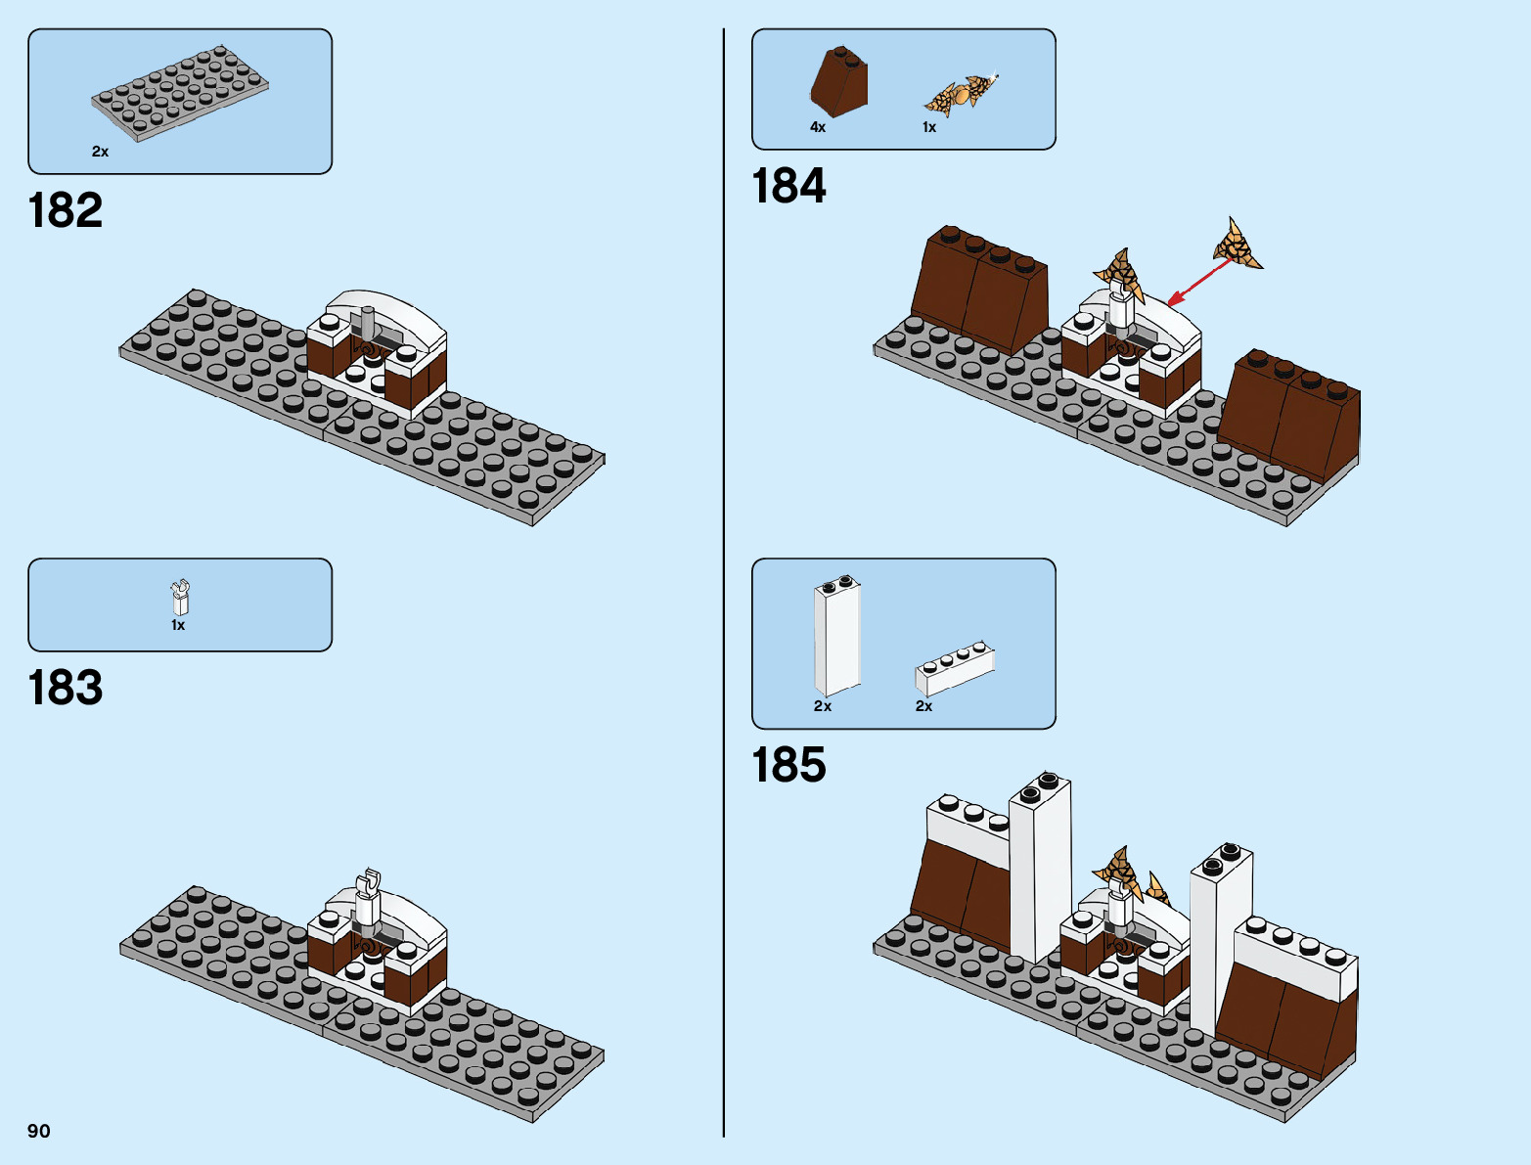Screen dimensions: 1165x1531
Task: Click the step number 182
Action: pyautogui.click(x=66, y=210)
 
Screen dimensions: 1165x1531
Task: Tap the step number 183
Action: pyautogui.click(x=66, y=688)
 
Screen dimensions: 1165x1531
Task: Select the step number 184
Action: pyautogui.click(x=788, y=186)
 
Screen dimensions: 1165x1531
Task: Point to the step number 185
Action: pyautogui.click(x=788, y=765)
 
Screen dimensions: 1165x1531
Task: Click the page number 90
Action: pyautogui.click(x=39, y=1131)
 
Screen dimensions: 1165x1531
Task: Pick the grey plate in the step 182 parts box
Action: pyautogui.click(x=180, y=94)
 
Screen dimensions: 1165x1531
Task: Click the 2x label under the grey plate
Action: pyautogui.click(x=100, y=152)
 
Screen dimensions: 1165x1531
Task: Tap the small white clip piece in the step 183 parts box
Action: pyautogui.click(x=180, y=597)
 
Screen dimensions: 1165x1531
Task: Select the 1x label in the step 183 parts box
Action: pyautogui.click(x=178, y=625)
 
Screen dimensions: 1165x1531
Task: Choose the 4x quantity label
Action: pyautogui.click(x=818, y=127)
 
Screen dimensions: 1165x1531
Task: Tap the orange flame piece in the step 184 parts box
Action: pyautogui.click(x=961, y=95)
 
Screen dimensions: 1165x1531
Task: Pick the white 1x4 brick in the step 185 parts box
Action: pyautogui.click(x=955, y=667)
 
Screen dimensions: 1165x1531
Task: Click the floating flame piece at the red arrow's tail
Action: pyautogui.click(x=1237, y=244)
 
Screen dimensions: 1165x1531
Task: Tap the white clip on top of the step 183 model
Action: pyautogui.click(x=368, y=895)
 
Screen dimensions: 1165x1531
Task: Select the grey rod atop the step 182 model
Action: pyautogui.click(x=368, y=323)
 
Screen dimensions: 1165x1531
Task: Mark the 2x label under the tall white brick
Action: pyautogui.click(x=823, y=706)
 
